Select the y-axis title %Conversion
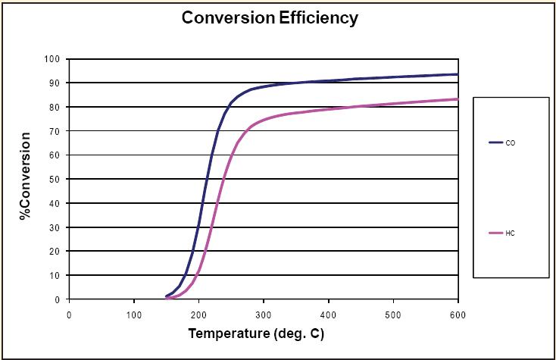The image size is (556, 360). pyautogui.click(x=27, y=177)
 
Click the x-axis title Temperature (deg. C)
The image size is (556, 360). pyautogui.click(x=261, y=332)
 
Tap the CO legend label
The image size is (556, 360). pyautogui.click(x=511, y=142)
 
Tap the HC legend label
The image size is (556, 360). pyautogui.click(x=511, y=233)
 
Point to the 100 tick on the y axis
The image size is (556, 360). pyautogui.click(x=52, y=58)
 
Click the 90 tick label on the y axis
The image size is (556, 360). pyautogui.click(x=54, y=83)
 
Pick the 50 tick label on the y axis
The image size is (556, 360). pyautogui.click(x=54, y=179)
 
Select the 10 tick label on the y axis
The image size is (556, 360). pyautogui.click(x=54, y=275)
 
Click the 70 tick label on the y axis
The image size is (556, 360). pyautogui.click(x=54, y=131)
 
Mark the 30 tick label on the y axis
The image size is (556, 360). pyautogui.click(x=54, y=227)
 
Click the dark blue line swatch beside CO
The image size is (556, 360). pyautogui.click(x=496, y=142)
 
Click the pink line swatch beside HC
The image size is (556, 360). pyautogui.click(x=496, y=233)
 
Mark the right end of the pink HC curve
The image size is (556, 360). pyautogui.click(x=457, y=99)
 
